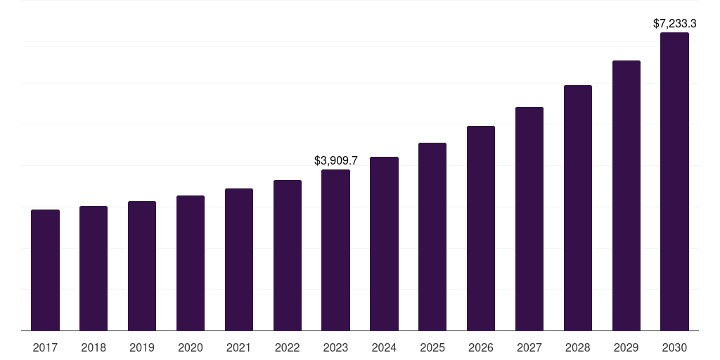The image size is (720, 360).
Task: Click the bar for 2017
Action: (45, 270)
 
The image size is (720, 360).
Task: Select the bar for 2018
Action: (94, 268)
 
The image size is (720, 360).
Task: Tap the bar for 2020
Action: (191, 263)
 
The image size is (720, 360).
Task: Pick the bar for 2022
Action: (288, 255)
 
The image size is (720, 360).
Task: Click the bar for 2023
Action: (335, 250)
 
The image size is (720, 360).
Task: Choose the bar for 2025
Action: (432, 236)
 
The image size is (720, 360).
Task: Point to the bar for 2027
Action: (529, 219)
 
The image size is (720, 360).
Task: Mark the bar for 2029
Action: (626, 195)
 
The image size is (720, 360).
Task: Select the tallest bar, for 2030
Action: (674, 181)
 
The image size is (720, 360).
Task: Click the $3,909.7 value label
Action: (335, 160)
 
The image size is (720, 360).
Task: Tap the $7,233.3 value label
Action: (674, 24)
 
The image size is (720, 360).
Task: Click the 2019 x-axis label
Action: (142, 347)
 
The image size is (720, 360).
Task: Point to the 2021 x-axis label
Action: (239, 347)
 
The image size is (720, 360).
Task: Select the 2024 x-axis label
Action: (384, 347)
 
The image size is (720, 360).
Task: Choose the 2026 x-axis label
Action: (481, 347)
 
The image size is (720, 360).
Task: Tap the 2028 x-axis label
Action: (578, 347)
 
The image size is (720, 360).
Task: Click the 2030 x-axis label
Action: (674, 347)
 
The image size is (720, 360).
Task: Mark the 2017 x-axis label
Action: (45, 347)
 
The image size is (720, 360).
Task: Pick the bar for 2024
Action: (384, 243)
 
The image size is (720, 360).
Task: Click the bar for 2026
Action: (481, 228)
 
